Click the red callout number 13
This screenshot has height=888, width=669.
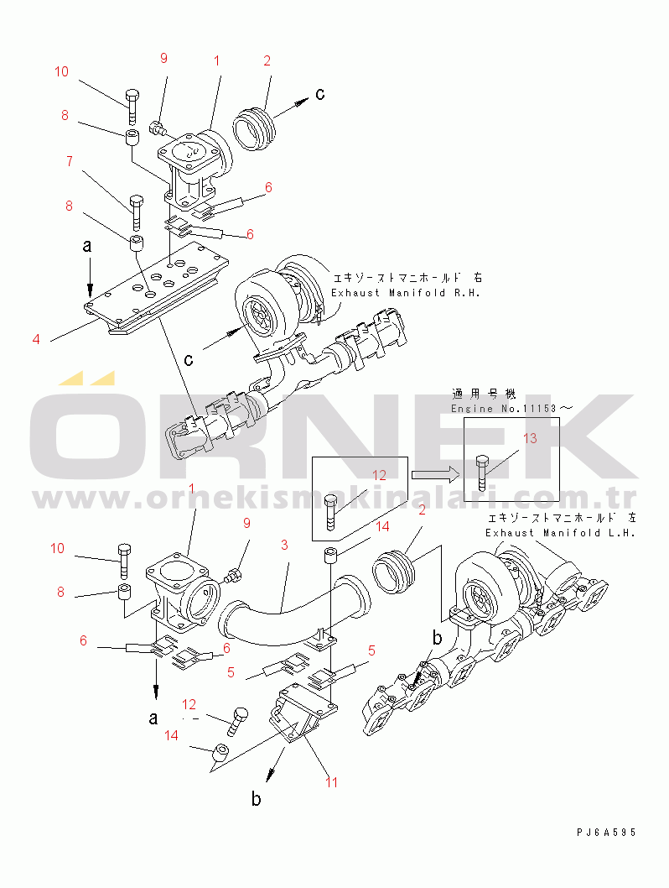point(530,438)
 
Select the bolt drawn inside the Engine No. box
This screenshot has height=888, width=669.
point(482,472)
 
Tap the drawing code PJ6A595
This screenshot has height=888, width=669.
point(606,832)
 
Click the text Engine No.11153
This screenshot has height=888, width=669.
point(511,409)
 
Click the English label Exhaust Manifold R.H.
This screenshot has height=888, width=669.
point(407,293)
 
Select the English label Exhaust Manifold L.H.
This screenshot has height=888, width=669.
point(561,533)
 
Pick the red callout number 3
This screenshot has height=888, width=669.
point(284,545)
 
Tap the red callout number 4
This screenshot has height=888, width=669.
point(36,340)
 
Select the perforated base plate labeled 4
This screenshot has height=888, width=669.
point(159,290)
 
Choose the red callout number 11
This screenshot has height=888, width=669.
point(332,782)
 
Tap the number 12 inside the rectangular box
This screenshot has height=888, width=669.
point(380,475)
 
